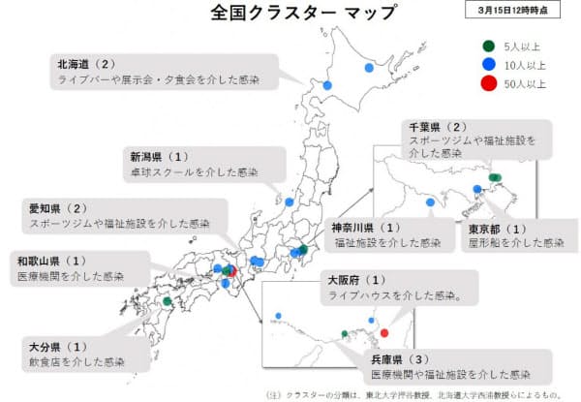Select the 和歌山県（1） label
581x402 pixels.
point(52,261)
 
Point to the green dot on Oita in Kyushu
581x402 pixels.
point(167,301)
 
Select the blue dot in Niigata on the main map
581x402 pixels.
point(290,201)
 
